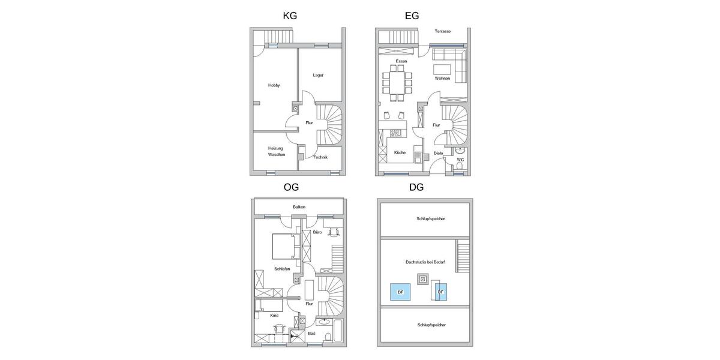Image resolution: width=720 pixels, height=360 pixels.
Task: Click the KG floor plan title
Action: (290, 16)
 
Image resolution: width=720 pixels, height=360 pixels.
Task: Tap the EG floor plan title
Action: (412, 16)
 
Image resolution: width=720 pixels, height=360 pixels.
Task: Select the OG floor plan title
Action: (291, 188)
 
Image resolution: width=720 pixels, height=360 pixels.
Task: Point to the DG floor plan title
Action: (416, 188)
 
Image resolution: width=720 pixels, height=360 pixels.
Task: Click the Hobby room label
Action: (274, 86)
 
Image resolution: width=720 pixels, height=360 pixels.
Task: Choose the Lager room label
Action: (318, 75)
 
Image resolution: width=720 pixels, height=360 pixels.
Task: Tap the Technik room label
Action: (320, 157)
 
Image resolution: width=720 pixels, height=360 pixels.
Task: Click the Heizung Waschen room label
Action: (277, 151)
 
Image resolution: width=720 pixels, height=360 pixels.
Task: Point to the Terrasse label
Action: (443, 31)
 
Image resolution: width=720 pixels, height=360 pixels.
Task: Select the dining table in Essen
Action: (397, 80)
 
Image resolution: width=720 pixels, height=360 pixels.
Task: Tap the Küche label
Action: (400, 152)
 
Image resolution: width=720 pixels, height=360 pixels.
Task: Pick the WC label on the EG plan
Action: (460, 160)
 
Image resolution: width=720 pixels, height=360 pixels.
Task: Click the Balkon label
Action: (299, 207)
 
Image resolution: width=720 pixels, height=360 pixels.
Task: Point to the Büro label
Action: (317, 232)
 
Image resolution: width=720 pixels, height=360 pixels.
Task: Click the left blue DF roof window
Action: (400, 292)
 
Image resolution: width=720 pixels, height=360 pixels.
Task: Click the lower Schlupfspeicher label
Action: (431, 325)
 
